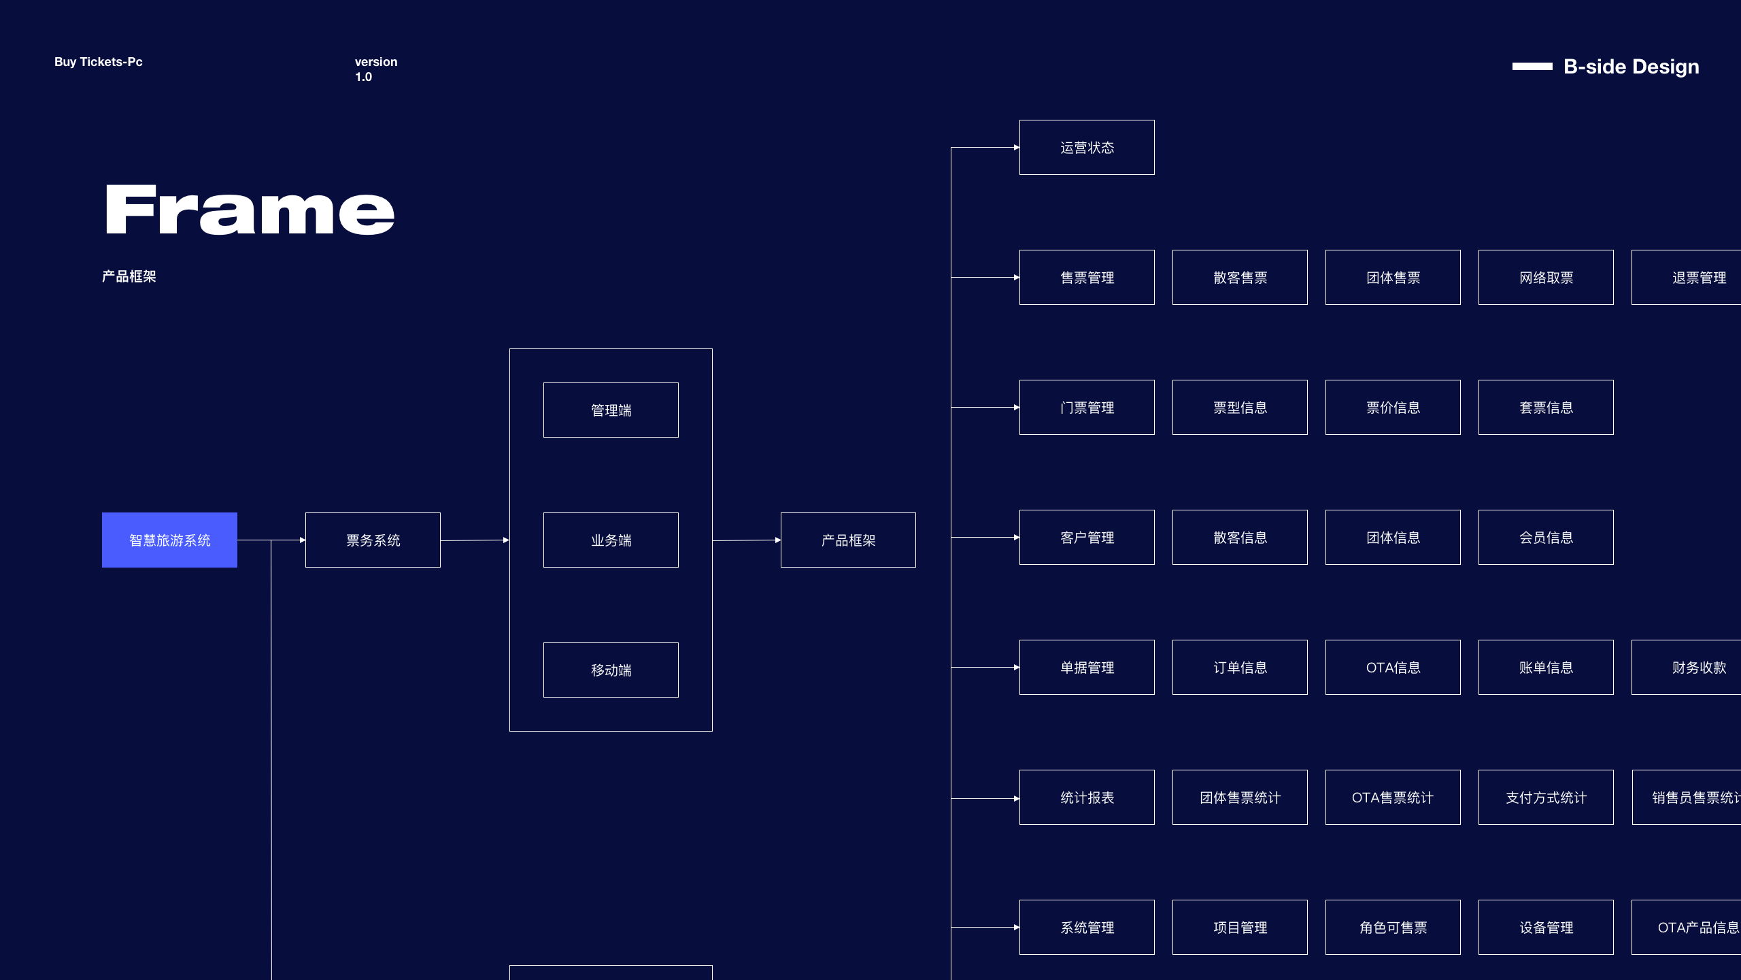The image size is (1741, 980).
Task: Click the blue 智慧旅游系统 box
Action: [x=169, y=540]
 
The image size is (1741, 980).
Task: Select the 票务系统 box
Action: [x=373, y=540]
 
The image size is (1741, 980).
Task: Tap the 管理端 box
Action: [x=611, y=410]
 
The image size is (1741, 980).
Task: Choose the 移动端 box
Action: [x=611, y=670]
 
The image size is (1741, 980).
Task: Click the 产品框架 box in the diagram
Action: [x=848, y=540]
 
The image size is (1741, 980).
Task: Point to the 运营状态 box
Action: [x=1087, y=147]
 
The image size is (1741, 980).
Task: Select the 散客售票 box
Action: [x=1240, y=277]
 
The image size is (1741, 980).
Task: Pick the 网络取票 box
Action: [x=1546, y=277]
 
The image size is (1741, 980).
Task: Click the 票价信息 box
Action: [x=1393, y=407]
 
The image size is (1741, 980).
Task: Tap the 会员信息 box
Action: [x=1546, y=537]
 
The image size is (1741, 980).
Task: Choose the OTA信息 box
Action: [x=1393, y=667]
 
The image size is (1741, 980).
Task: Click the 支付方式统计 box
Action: [x=1546, y=797]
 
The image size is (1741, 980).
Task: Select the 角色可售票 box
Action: [x=1393, y=927]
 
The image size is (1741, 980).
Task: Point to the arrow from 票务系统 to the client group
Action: [x=475, y=540]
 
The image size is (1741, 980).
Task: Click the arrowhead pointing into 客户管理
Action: [x=1017, y=538]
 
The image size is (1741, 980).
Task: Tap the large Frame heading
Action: [x=250, y=210]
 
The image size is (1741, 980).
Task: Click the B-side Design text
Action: [x=1631, y=67]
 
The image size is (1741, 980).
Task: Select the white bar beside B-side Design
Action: [x=1532, y=66]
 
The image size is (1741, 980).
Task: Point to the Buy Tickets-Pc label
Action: [x=99, y=62]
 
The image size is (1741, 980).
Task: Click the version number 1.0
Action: [x=363, y=77]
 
